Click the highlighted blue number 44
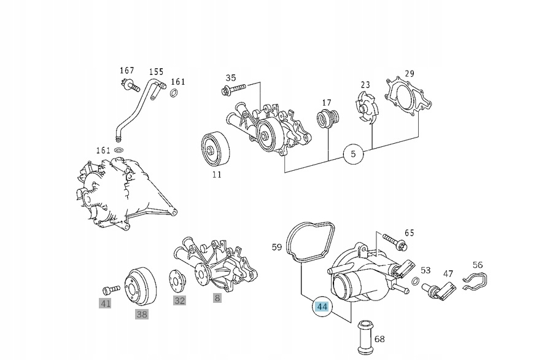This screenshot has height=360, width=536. click(322, 307)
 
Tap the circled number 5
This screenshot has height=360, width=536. click(353, 154)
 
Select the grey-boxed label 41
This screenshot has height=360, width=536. click(106, 303)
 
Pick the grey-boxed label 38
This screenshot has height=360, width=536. click(142, 315)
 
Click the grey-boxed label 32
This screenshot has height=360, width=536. click(179, 300)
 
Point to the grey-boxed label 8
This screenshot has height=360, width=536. click(217, 299)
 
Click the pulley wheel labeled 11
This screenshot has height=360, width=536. click(216, 149)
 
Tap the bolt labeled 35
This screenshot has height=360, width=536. click(233, 91)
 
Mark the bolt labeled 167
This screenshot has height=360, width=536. click(127, 84)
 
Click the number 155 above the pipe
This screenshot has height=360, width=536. click(156, 71)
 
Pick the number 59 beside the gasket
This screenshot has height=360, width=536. click(277, 248)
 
